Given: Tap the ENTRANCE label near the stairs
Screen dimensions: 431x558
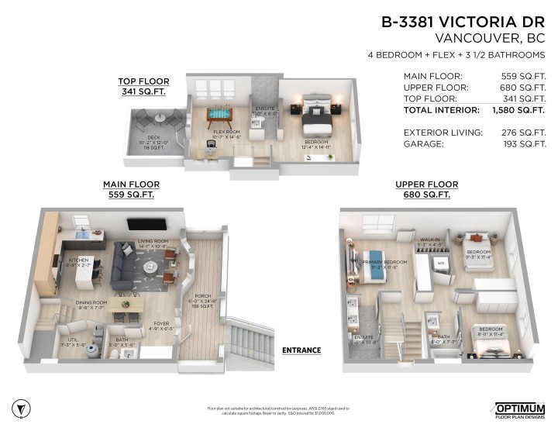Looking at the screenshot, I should [x=301, y=350].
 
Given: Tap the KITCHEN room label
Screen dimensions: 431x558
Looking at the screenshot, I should [x=79, y=260].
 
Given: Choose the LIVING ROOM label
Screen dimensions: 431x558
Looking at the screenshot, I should [x=153, y=243].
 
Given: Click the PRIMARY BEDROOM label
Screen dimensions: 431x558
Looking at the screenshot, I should [x=385, y=262].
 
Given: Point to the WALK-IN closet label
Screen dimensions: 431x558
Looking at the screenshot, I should [x=430, y=241].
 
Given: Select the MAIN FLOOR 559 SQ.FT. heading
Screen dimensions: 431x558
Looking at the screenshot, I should [x=132, y=190].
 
